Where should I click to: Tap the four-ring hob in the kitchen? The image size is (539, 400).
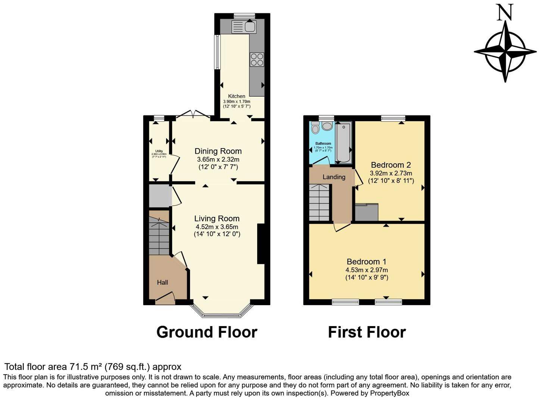click(257, 60)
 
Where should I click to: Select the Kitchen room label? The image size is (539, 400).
click(237, 96)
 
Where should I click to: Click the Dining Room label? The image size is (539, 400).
click(218, 151)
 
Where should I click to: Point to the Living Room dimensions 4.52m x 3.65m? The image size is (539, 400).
click(217, 227)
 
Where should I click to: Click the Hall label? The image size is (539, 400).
click(162, 282)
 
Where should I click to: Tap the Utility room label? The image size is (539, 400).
click(159, 151)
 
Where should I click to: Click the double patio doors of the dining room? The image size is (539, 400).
click(193, 114)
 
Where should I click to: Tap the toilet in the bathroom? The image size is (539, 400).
click(315, 128)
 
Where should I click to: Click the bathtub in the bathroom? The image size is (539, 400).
click(343, 143)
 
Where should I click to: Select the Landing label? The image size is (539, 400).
click(334, 177)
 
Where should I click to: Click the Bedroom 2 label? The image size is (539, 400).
click(391, 165)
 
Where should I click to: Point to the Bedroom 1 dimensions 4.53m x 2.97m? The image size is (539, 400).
click(367, 270)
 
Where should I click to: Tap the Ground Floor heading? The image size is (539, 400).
click(207, 332)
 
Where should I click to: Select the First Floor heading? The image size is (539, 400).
click(367, 332)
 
